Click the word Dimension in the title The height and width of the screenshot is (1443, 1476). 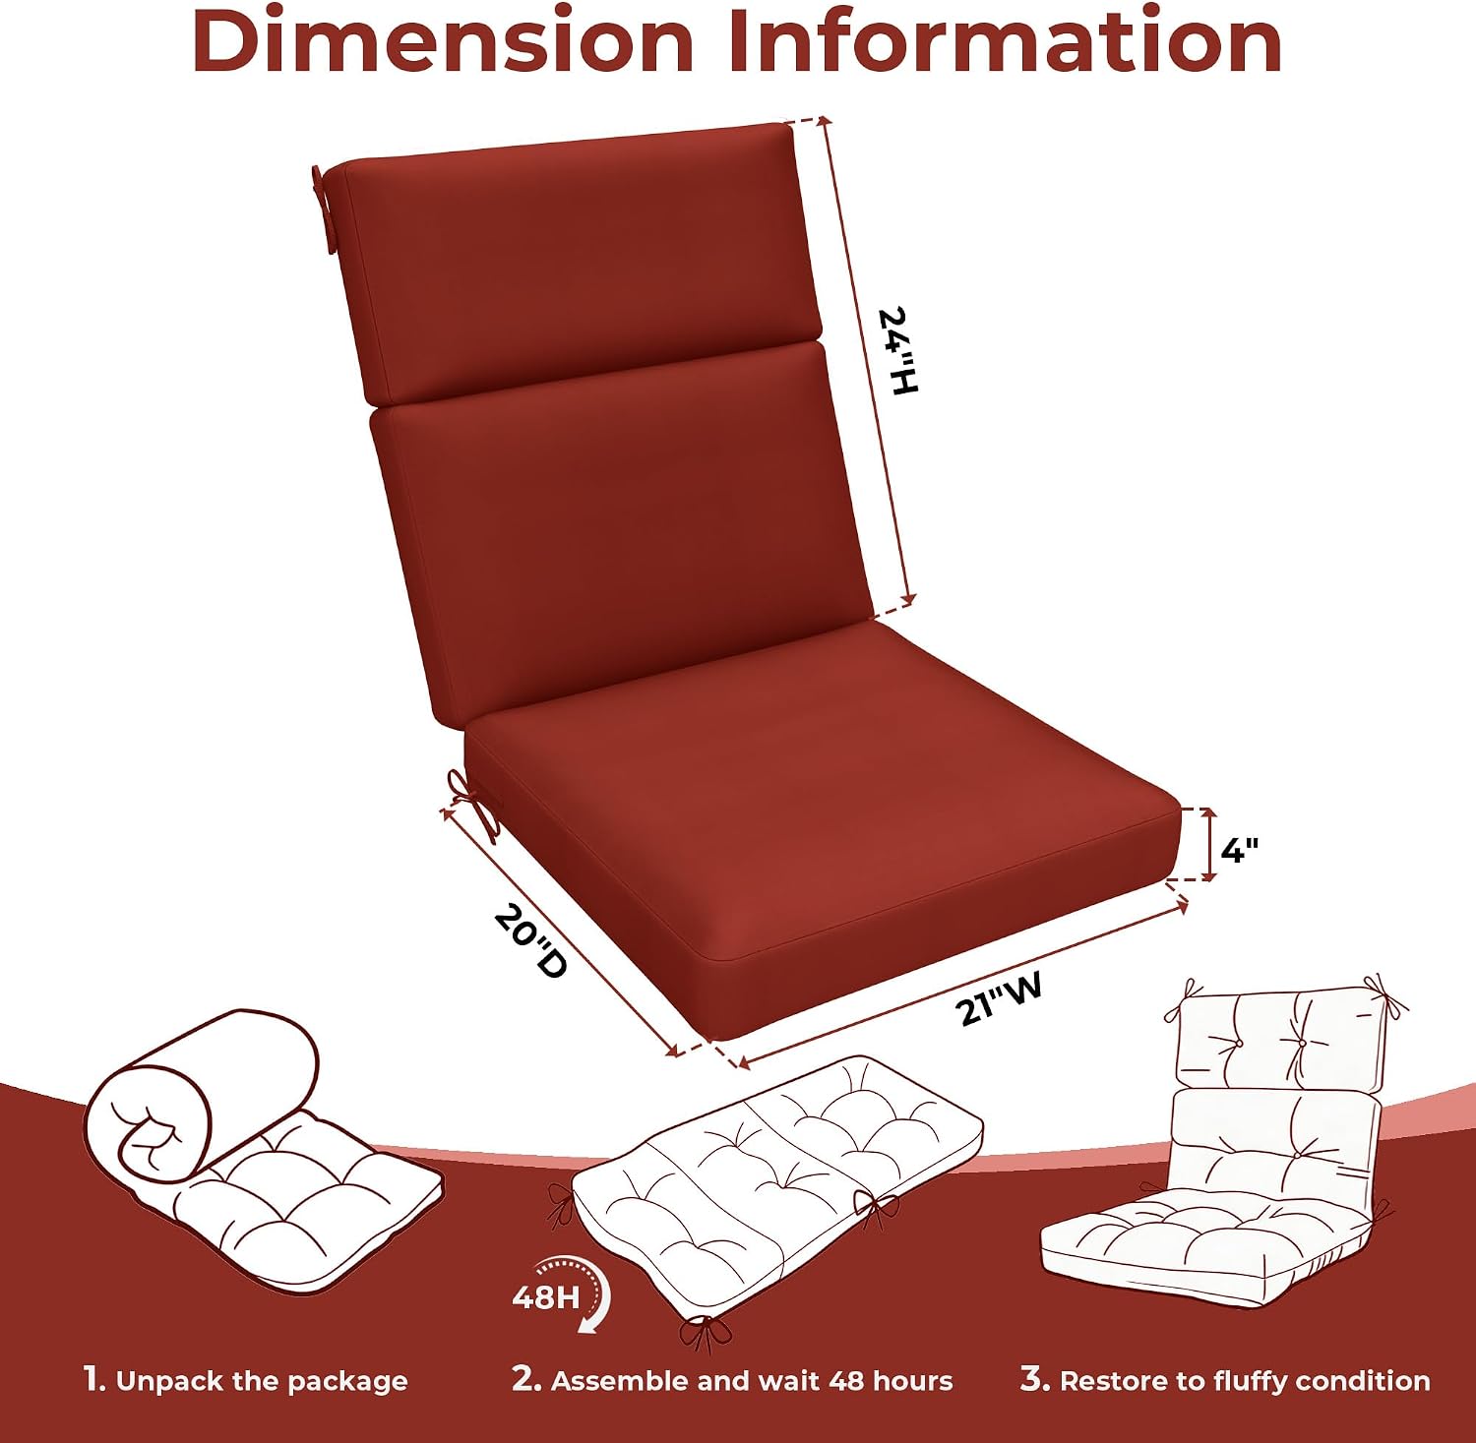[444, 40]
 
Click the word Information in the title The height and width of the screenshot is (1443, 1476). [1006, 40]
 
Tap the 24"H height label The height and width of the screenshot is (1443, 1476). [897, 351]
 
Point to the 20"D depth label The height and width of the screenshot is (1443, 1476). [531, 940]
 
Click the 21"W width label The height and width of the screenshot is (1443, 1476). [999, 998]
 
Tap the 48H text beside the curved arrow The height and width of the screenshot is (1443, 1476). [546, 1296]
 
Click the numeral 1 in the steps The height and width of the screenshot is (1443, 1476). [92, 1379]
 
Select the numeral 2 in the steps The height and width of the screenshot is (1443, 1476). [525, 1379]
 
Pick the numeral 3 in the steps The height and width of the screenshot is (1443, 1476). [1034, 1379]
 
